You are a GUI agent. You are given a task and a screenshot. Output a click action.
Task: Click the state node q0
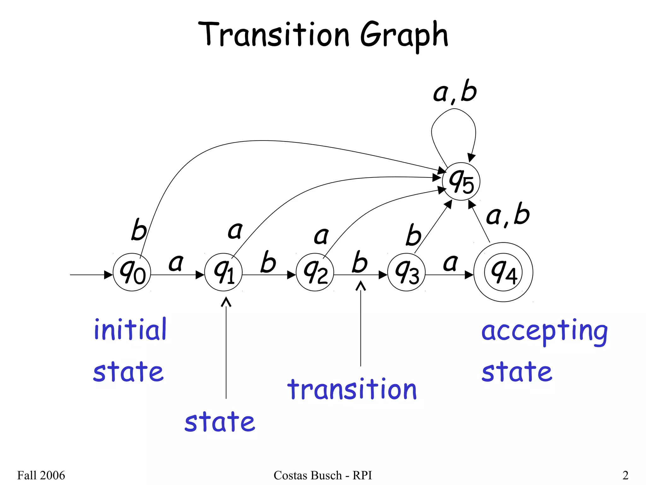click(x=132, y=272)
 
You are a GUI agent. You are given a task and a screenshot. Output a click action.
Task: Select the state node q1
click(x=223, y=272)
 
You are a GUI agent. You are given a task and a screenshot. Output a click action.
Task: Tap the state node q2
click(x=315, y=272)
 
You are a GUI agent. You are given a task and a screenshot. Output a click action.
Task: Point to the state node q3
click(x=406, y=272)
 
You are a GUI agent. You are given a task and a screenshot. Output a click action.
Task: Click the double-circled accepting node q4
click(x=503, y=272)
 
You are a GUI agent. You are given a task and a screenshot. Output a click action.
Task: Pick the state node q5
click(x=461, y=182)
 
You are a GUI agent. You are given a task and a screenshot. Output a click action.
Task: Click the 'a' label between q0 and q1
click(x=176, y=263)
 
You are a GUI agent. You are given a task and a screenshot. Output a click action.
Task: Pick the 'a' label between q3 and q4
click(x=450, y=263)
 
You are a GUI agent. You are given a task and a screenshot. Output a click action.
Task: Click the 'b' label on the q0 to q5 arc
click(x=139, y=230)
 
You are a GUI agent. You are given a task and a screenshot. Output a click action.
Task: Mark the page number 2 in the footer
click(x=625, y=475)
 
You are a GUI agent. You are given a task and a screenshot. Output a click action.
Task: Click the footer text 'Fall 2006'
click(x=41, y=475)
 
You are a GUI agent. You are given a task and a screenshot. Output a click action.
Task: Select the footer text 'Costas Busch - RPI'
click(x=323, y=475)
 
